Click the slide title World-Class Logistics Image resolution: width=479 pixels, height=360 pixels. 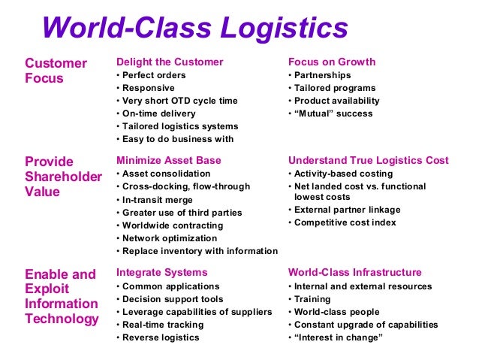click(x=195, y=28)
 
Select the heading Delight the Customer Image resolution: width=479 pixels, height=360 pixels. click(x=170, y=62)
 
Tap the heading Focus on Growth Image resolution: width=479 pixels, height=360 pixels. click(x=332, y=62)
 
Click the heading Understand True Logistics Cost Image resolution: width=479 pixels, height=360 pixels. click(x=369, y=160)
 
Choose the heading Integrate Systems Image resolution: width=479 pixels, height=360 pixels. click(x=162, y=272)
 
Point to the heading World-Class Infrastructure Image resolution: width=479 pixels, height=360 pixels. click(x=355, y=272)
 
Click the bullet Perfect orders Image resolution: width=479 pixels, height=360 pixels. click(x=153, y=75)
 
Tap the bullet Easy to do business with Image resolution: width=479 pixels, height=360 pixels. click(x=177, y=138)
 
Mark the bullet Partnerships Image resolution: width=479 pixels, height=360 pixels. click(x=322, y=75)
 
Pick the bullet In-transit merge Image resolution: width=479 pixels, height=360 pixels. click(x=158, y=200)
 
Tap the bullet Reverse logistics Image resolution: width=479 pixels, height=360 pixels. click(x=160, y=337)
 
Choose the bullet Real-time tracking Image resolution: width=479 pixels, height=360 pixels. click(x=162, y=325)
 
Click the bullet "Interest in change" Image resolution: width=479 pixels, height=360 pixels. click(x=335, y=337)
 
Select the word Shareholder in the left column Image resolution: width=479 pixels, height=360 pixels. click(x=63, y=177)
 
